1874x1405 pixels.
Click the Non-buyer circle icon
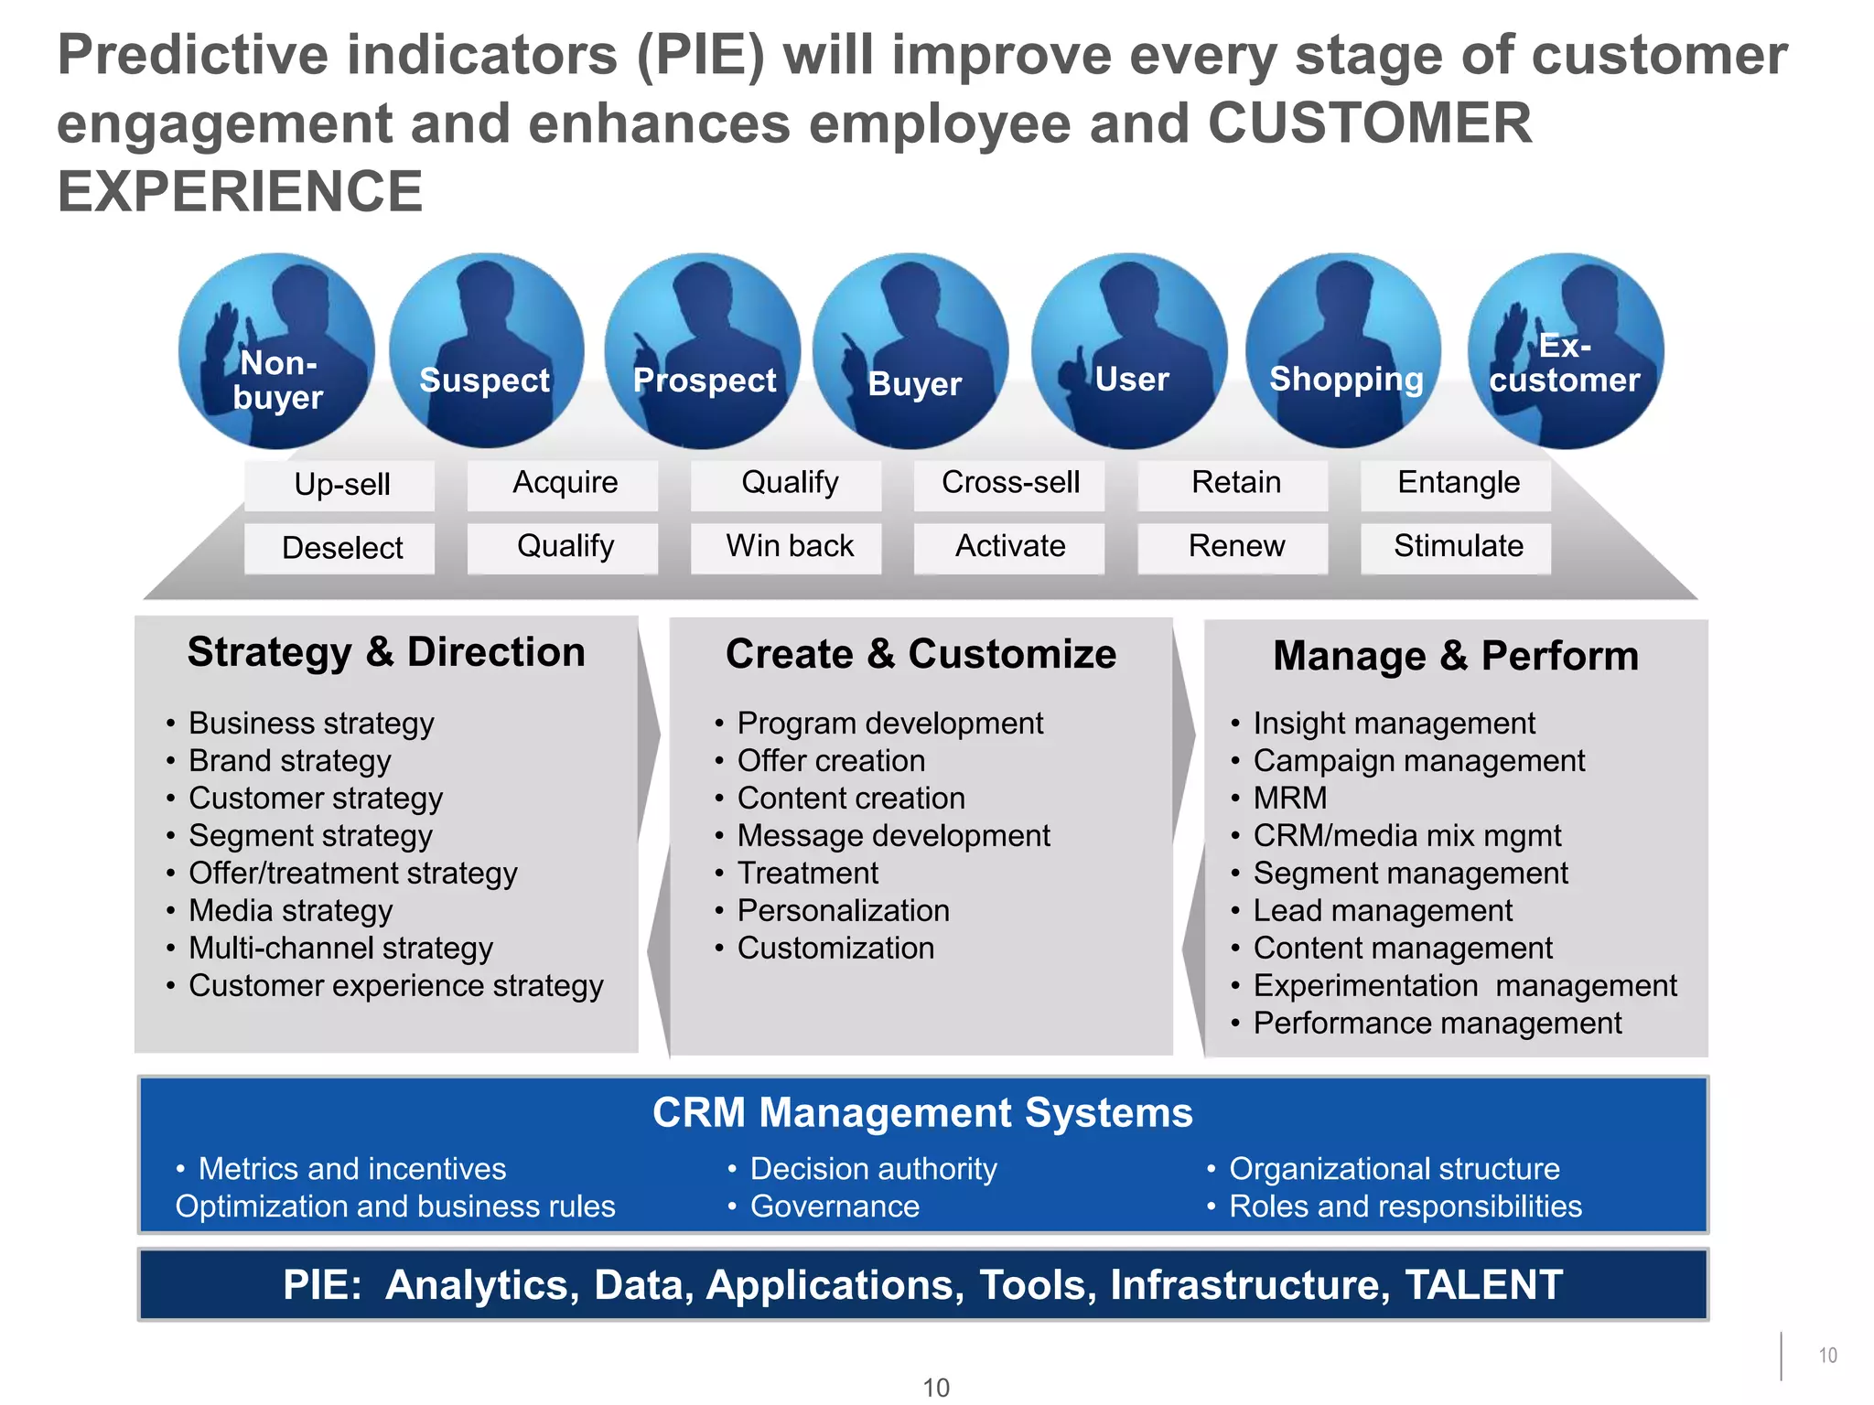pos(276,352)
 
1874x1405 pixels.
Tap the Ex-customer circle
pos(1566,352)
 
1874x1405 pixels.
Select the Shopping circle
pos(1343,352)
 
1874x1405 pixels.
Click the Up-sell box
pos(340,485)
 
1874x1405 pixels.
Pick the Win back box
pos(788,547)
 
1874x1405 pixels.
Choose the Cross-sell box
pos(1010,483)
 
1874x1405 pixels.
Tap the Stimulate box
pos(1457,547)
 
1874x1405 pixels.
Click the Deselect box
pos(340,548)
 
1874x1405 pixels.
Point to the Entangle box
pos(1457,483)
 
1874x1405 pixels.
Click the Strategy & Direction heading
pos(386,652)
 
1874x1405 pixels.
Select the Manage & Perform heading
pos(1455,656)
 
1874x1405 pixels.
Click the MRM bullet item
pos(1289,799)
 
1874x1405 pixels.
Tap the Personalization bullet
pos(843,911)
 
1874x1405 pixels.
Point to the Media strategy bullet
pos(290,911)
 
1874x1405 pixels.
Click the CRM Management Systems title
pos(922,1113)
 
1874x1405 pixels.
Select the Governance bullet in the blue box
pos(835,1207)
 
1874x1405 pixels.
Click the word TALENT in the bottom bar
pos(1483,1285)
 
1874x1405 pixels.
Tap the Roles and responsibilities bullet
pos(1405,1207)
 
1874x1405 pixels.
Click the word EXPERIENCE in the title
pos(240,192)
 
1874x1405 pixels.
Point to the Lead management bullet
pos(1382,911)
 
